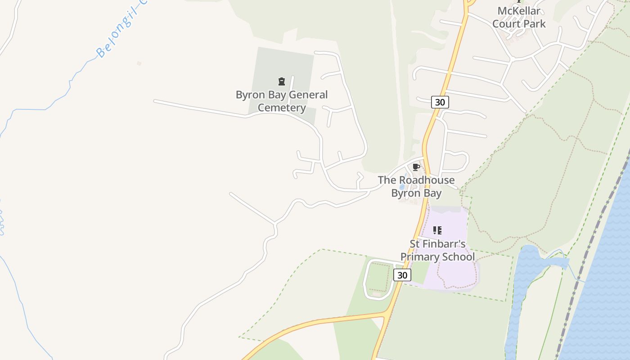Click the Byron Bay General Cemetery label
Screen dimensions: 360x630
[x=282, y=101]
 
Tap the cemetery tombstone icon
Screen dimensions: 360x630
[x=282, y=81]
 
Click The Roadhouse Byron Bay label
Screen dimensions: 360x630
[x=416, y=186]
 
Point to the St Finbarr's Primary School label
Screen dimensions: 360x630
[x=437, y=250]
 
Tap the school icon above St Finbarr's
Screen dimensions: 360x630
[x=437, y=230]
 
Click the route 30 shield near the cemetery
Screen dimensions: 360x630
[x=440, y=102]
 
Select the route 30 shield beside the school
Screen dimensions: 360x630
[x=402, y=275]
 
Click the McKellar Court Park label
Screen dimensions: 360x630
[x=519, y=18]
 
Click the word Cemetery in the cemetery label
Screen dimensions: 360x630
[x=282, y=108]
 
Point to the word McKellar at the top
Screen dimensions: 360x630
[x=519, y=11]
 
